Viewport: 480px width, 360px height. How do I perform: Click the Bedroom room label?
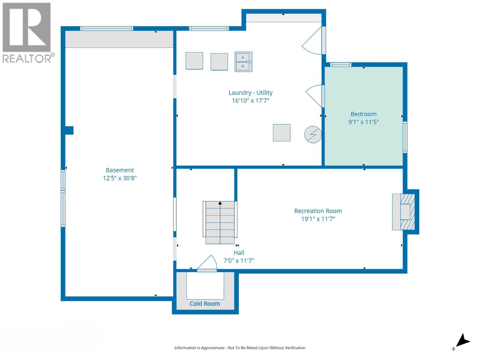363,114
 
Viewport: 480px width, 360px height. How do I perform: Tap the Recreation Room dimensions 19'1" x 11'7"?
318,219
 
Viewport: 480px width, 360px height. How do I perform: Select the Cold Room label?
205,304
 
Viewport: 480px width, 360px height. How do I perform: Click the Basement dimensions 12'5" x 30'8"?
120,178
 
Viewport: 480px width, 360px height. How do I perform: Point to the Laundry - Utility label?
250,93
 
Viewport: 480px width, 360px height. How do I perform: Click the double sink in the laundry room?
243,62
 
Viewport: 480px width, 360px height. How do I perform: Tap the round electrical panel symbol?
313,134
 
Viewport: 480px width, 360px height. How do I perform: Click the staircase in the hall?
220,222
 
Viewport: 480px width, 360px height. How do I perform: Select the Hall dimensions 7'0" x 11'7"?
239,261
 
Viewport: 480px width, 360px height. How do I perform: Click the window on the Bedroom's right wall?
405,137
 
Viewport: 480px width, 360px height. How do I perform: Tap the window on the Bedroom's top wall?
340,64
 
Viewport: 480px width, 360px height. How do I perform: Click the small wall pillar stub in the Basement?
69,130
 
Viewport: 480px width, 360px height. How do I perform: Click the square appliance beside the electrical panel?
281,133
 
